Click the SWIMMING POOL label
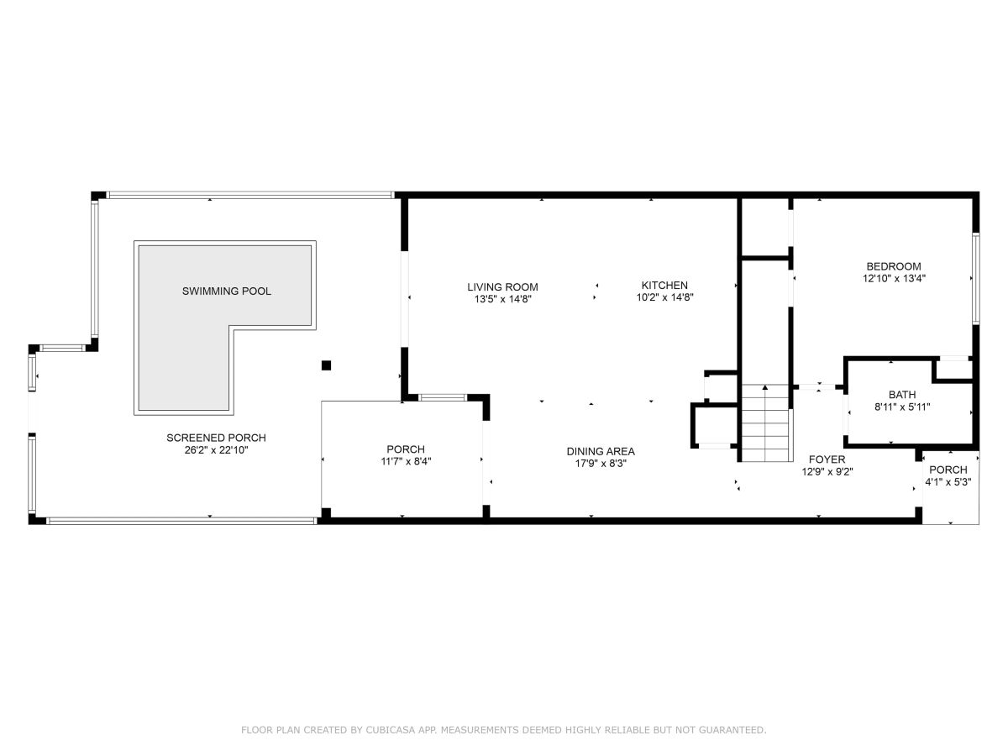[x=227, y=291]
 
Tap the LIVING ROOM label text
[x=502, y=287]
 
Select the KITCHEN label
[x=664, y=285]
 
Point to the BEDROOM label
[x=893, y=266]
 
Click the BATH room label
[x=902, y=395]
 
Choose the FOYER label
[x=827, y=459]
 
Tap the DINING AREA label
[x=601, y=452]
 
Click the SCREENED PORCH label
[x=216, y=438]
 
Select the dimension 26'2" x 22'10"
[x=216, y=450]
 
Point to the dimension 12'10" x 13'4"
[x=894, y=278]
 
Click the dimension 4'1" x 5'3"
[x=948, y=482]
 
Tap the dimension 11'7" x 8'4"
[x=406, y=461]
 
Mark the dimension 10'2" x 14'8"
[x=664, y=297]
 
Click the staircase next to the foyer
[x=767, y=423]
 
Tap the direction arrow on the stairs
[x=765, y=388]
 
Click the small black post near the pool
[x=326, y=365]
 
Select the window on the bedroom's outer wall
[x=976, y=279]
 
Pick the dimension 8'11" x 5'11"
[x=902, y=407]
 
